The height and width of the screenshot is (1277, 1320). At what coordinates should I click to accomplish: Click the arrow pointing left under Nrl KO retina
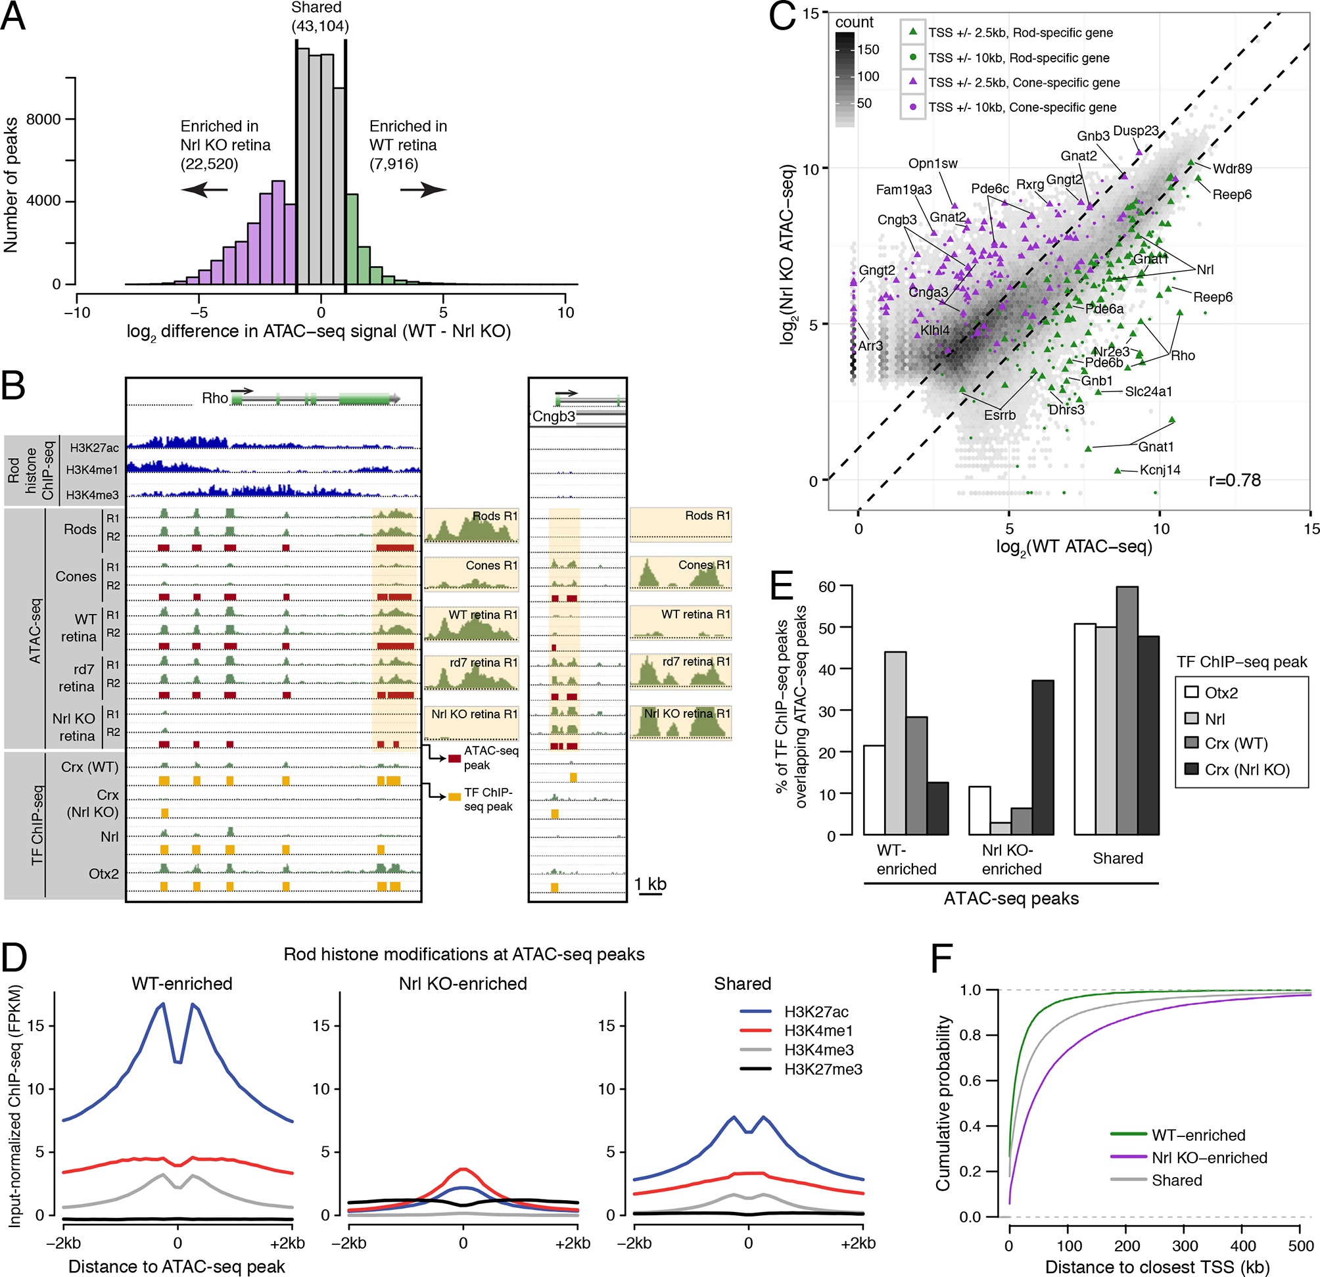coord(204,190)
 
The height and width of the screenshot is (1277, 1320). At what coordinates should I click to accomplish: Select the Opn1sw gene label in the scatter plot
coord(933,164)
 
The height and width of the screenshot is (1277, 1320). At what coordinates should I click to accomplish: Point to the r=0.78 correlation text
coord(1235,480)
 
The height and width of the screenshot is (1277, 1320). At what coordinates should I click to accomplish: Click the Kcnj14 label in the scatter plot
coord(1160,470)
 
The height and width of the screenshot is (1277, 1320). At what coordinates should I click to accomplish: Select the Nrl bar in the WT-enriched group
coord(895,743)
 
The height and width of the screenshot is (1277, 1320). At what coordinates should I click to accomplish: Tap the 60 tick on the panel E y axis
coord(826,586)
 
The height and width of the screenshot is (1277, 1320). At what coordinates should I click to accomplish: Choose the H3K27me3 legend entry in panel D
coord(823,1069)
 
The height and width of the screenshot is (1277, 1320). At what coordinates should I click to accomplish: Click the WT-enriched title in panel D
coord(182,983)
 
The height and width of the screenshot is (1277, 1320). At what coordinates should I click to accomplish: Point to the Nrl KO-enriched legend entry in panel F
coord(1209,1158)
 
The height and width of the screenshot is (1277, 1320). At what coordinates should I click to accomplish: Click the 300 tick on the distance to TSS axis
coord(1185,1246)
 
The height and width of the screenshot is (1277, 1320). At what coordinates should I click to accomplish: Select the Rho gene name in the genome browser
coord(215,398)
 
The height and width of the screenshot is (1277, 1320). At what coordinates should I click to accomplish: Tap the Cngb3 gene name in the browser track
coord(554,416)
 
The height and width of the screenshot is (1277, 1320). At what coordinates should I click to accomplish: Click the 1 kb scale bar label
coord(650,885)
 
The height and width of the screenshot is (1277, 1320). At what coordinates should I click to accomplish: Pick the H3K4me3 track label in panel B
coord(92,495)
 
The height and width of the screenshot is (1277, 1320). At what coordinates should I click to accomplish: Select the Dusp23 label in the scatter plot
coord(1135,131)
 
